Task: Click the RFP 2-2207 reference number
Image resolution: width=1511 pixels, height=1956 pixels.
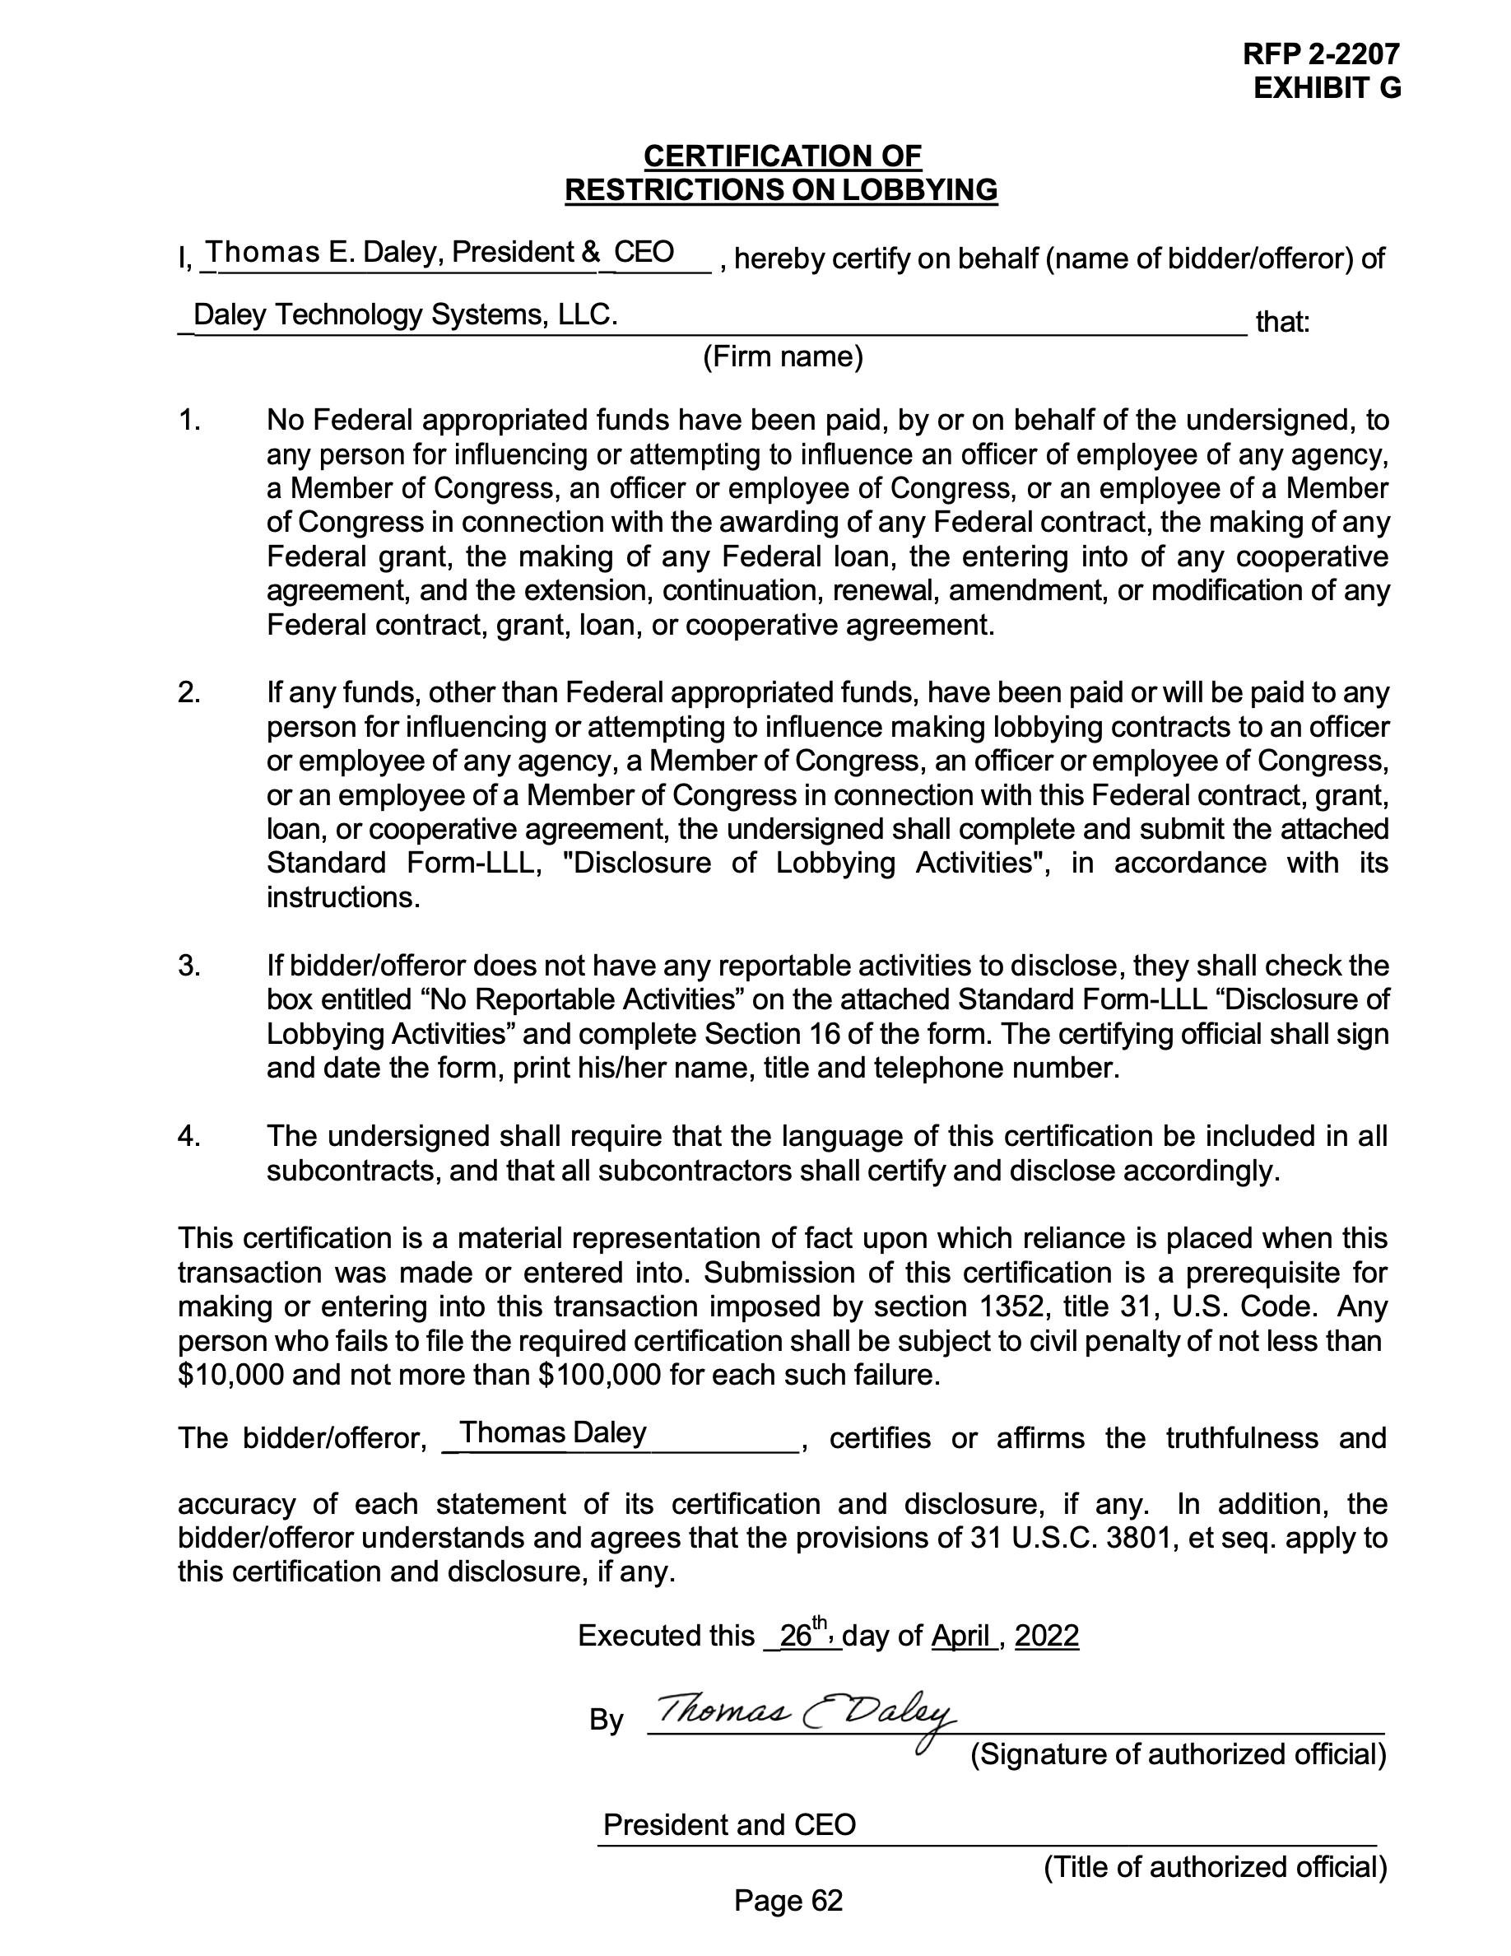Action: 1320,54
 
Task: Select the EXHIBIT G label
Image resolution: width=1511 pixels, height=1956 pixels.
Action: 1327,89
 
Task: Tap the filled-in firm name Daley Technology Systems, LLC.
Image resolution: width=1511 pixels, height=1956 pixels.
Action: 405,314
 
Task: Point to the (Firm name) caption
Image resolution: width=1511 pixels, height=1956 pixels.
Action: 783,356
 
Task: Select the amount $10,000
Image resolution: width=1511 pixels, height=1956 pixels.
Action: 231,1375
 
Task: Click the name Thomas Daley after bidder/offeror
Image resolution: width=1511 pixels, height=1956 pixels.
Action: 552,1432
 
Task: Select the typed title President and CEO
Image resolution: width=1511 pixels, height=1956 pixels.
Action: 728,1824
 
